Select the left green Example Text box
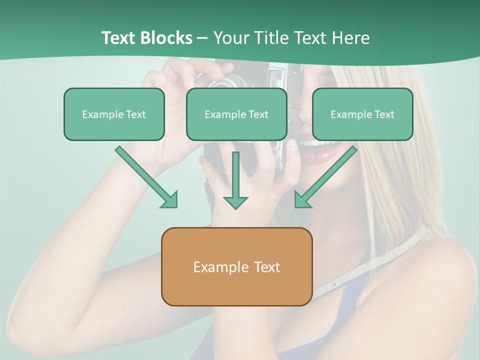[x=114, y=114]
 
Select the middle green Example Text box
[x=236, y=114]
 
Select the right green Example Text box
[x=362, y=114]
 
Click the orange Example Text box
[x=236, y=267]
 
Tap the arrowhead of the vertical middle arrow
[x=235, y=202]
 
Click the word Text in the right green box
[x=384, y=114]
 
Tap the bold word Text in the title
[x=119, y=38]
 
